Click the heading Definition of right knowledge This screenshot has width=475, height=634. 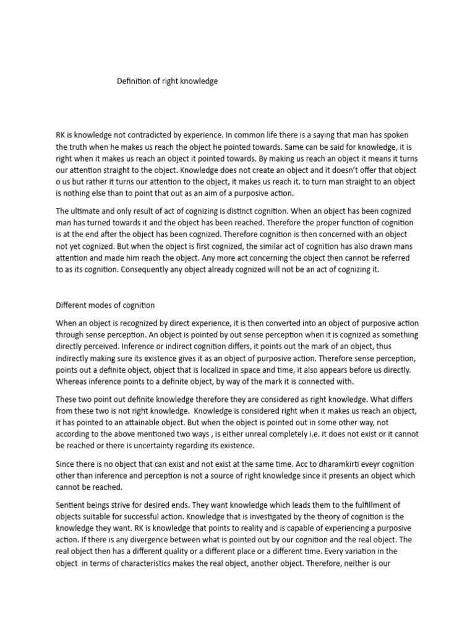tap(168, 81)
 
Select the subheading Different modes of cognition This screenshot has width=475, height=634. tap(105, 305)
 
